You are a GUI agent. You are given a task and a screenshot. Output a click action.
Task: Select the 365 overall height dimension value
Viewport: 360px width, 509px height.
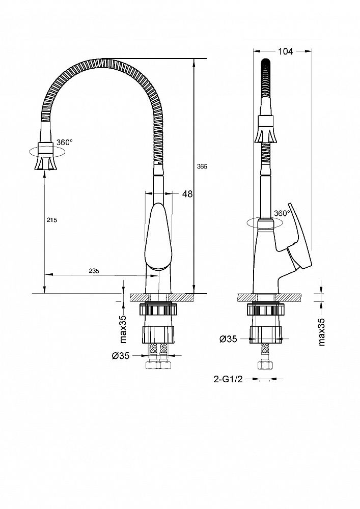203,166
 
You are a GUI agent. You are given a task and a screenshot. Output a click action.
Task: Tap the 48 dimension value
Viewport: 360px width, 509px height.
187,194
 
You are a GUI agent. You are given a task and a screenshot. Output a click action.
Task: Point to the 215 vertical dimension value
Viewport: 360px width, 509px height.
51,220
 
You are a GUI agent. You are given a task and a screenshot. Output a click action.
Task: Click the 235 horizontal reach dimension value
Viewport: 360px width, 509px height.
94,271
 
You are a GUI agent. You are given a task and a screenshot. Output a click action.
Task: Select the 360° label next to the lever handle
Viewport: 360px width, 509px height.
282,213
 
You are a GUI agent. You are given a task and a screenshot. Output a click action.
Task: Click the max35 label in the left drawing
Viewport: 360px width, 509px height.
123,329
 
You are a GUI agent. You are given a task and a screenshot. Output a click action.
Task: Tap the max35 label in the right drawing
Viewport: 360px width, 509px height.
321,332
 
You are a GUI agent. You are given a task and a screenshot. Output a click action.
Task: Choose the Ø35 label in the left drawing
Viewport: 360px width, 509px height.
121,356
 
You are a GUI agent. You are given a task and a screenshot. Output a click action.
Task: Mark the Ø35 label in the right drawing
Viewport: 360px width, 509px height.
228,339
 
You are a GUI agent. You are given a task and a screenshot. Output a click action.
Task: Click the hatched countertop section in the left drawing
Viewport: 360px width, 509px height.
162,297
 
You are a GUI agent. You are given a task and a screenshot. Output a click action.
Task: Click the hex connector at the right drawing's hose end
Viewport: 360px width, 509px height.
265,365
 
